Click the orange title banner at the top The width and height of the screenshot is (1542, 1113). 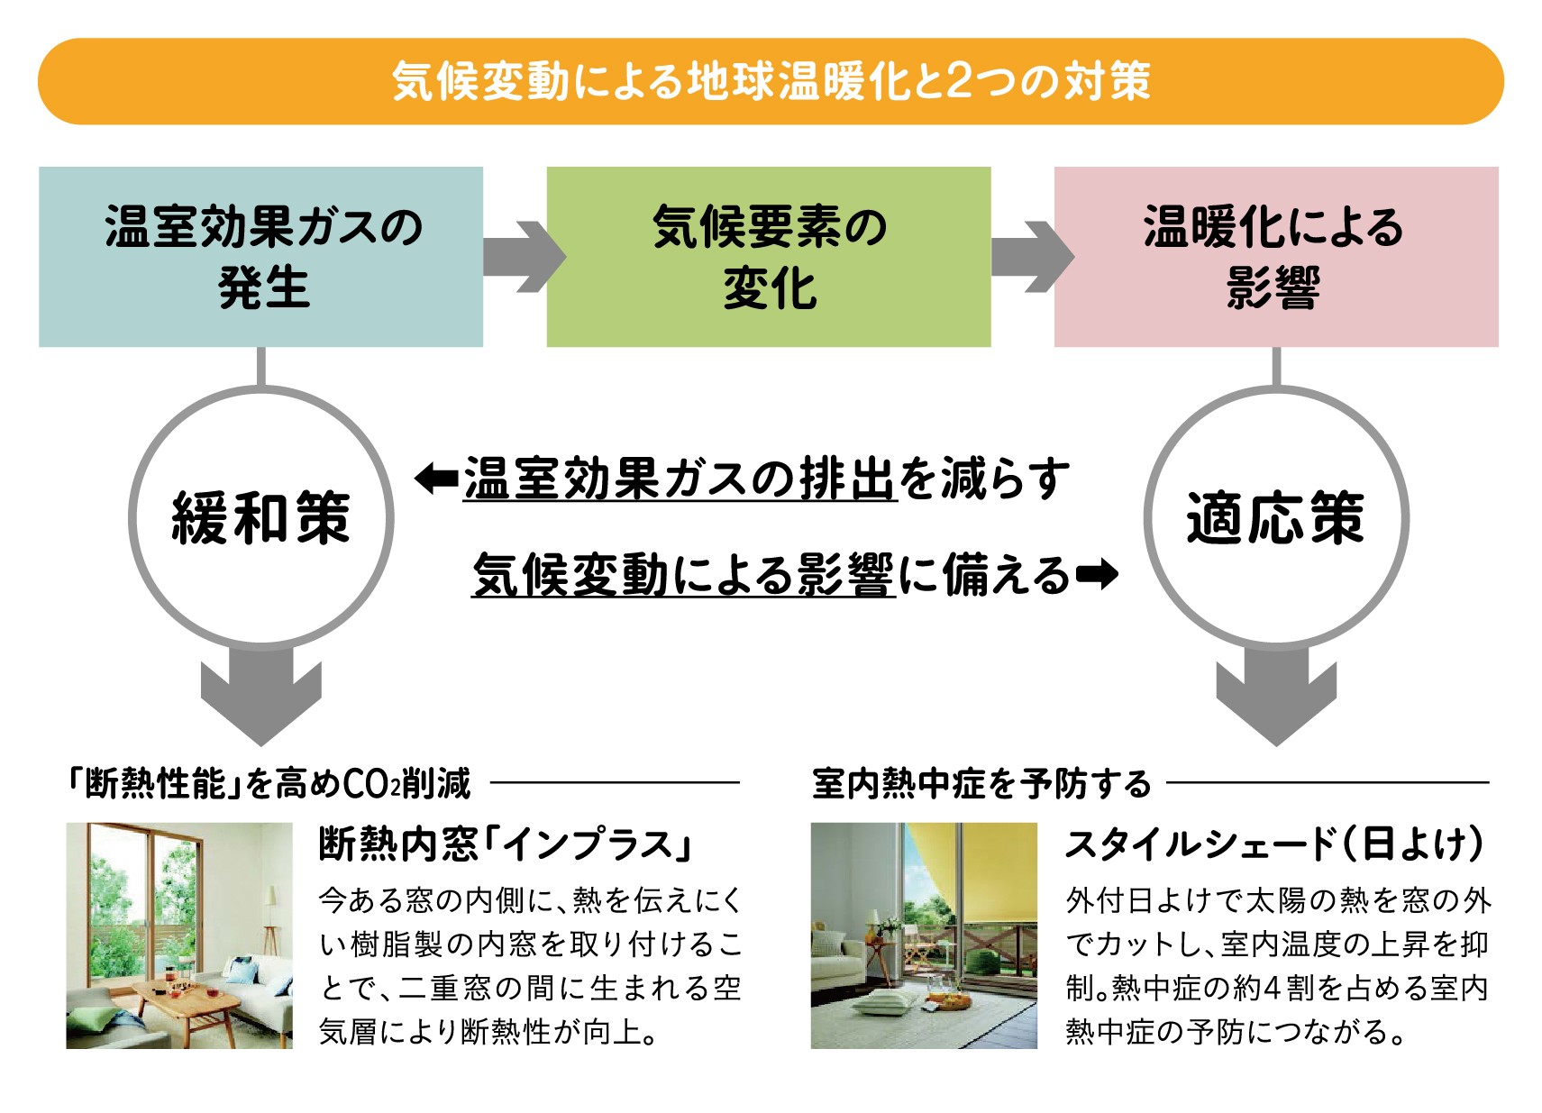771,81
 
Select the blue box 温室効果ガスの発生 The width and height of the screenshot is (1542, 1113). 261,257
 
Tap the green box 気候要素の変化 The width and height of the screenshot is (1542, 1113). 769,257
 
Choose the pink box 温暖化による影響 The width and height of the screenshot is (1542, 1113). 1276,257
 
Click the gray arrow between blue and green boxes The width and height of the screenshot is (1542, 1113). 523,257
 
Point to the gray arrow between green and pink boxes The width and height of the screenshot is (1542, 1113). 1031,257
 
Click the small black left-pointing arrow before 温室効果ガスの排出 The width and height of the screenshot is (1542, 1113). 436,479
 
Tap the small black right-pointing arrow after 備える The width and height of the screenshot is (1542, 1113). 1098,574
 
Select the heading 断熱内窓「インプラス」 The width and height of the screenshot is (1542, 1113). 505,844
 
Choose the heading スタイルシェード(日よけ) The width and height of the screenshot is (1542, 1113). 1274,844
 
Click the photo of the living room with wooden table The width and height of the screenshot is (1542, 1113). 179,935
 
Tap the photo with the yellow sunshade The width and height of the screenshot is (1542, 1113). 924,935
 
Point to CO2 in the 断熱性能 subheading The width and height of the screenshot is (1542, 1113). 370,784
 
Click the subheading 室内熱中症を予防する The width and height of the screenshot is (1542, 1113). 981,784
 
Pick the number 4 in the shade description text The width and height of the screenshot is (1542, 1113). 1272,989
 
